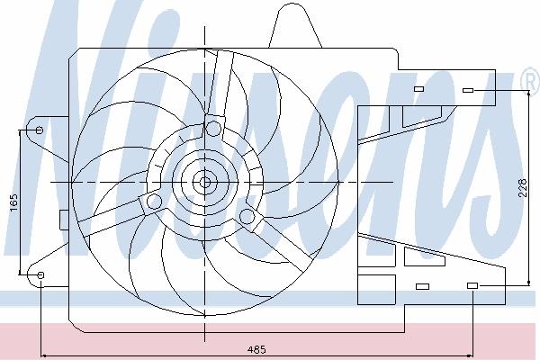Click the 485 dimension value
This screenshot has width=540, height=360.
[256, 350]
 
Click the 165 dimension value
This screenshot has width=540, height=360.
[13, 202]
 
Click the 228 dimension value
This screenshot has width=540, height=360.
[523, 188]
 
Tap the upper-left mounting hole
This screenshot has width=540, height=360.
[40, 130]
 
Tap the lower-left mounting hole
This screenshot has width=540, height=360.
[40, 274]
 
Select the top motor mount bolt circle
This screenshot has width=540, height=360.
[213, 128]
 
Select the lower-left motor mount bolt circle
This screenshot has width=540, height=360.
[154, 202]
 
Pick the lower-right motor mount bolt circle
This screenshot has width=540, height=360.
[247, 216]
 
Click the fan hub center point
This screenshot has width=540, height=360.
[205, 182]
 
